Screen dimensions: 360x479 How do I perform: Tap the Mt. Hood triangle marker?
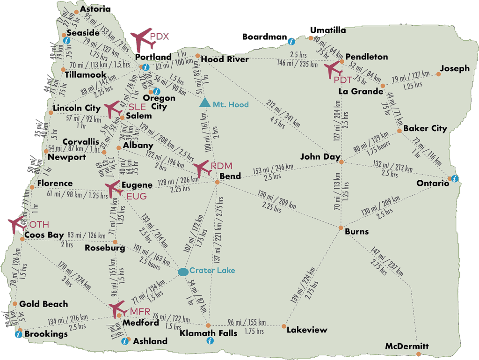pyautogui.click(x=204, y=103)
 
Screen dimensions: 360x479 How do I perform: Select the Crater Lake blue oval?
pyautogui.click(x=183, y=271)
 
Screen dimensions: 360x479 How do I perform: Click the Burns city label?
pyautogui.click(x=356, y=231)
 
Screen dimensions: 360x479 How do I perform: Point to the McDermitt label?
pyautogui.click(x=406, y=346)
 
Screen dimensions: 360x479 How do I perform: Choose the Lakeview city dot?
pyautogui.click(x=284, y=326)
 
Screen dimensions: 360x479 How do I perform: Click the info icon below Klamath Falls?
pyautogui.click(x=210, y=341)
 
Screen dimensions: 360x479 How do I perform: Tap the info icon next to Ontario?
pyautogui.click(x=454, y=178)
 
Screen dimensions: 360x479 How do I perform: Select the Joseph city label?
pyautogui.click(x=455, y=68)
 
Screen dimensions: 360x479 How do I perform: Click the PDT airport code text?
pyautogui.click(x=343, y=80)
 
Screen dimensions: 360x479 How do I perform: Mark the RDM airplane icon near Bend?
pyautogui.click(x=203, y=168)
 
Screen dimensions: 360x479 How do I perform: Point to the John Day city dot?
pyautogui.click(x=341, y=162)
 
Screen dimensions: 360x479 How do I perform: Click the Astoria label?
pyautogui.click(x=95, y=9)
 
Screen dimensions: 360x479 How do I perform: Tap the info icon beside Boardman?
pyautogui.click(x=291, y=41)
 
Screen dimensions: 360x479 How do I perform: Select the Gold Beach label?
pyautogui.click(x=44, y=304)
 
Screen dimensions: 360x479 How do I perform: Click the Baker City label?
pyautogui.click(x=425, y=128)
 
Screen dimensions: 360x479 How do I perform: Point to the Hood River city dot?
pyautogui.click(x=197, y=56)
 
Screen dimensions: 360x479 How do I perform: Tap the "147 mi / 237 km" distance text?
pyautogui.click(x=387, y=260)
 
